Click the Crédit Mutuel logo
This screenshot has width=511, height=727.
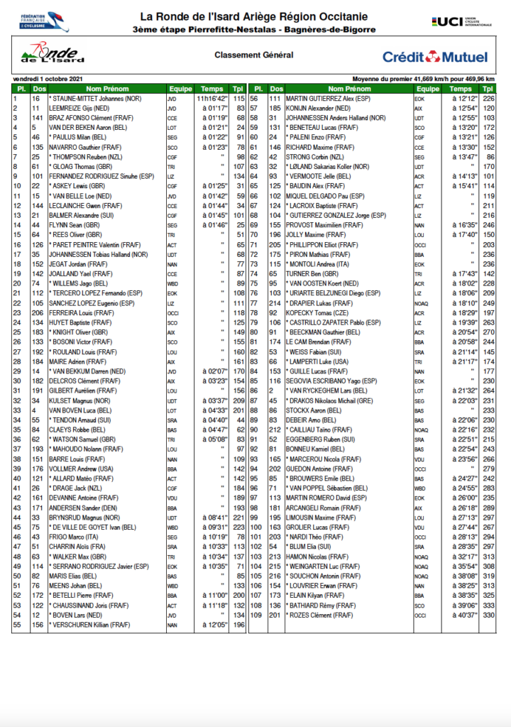[x=435, y=57]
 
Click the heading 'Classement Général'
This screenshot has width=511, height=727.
[x=253, y=55]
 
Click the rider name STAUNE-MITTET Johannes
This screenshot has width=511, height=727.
[x=96, y=98]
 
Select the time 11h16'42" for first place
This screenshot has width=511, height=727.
[x=212, y=98]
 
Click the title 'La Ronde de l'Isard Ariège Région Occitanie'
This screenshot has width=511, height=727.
[x=253, y=16]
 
